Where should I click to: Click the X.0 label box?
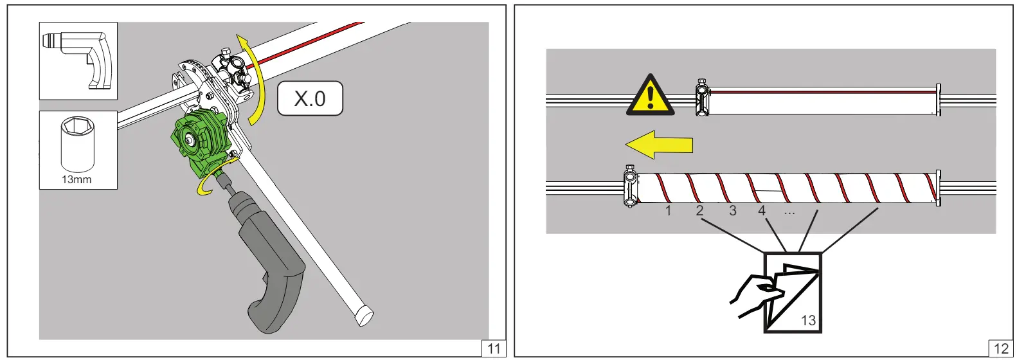[310, 98]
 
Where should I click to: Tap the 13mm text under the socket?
[76, 180]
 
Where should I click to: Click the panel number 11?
[494, 348]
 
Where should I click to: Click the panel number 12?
[1002, 348]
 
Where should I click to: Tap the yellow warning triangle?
[650, 96]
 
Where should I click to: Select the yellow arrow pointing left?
[659, 145]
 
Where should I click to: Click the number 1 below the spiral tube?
[669, 211]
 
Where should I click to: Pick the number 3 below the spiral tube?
[733, 211]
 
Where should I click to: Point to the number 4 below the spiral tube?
[762, 211]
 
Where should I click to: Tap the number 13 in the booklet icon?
[808, 321]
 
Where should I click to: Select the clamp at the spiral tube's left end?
[630, 186]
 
